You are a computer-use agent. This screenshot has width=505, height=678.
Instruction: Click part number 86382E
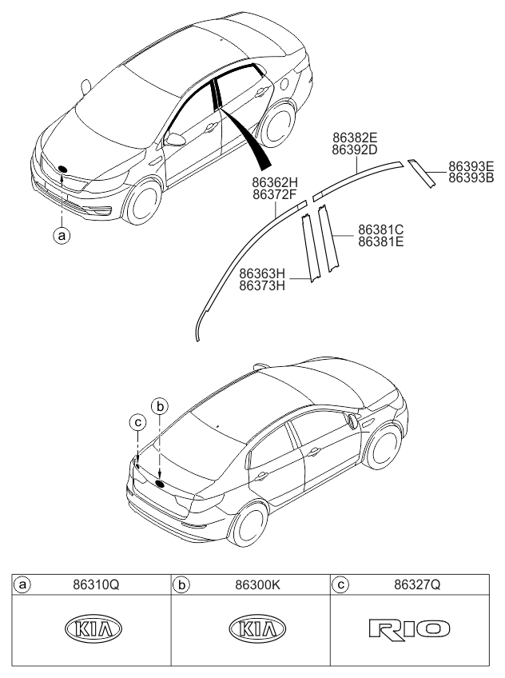point(355,138)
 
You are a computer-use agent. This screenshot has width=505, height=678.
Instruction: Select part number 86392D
point(355,150)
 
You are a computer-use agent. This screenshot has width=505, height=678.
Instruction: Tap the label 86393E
point(471,166)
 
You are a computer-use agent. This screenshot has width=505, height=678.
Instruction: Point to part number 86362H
point(275,182)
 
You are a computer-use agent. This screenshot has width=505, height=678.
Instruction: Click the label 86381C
point(381,229)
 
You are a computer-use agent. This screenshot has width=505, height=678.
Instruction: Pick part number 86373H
point(262,285)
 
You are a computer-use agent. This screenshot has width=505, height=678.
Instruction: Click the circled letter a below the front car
point(62,236)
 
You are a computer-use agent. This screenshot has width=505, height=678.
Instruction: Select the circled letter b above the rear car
point(160,406)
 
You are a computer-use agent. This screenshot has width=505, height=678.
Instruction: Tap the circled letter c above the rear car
point(137,422)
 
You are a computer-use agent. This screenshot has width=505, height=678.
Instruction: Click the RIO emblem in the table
point(410,628)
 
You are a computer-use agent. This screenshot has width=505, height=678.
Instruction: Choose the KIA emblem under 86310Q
point(93,628)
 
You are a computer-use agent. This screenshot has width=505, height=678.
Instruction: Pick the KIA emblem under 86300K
point(257,628)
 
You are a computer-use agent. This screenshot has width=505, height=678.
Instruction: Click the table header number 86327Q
point(417,585)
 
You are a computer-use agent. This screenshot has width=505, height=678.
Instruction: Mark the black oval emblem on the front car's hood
point(62,169)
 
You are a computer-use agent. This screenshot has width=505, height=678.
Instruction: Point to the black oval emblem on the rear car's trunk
point(161,484)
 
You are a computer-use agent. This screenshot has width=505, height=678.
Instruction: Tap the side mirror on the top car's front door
point(175,140)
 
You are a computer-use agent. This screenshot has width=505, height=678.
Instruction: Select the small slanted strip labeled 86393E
point(422,173)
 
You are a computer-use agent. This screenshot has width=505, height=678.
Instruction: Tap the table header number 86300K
point(258,585)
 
